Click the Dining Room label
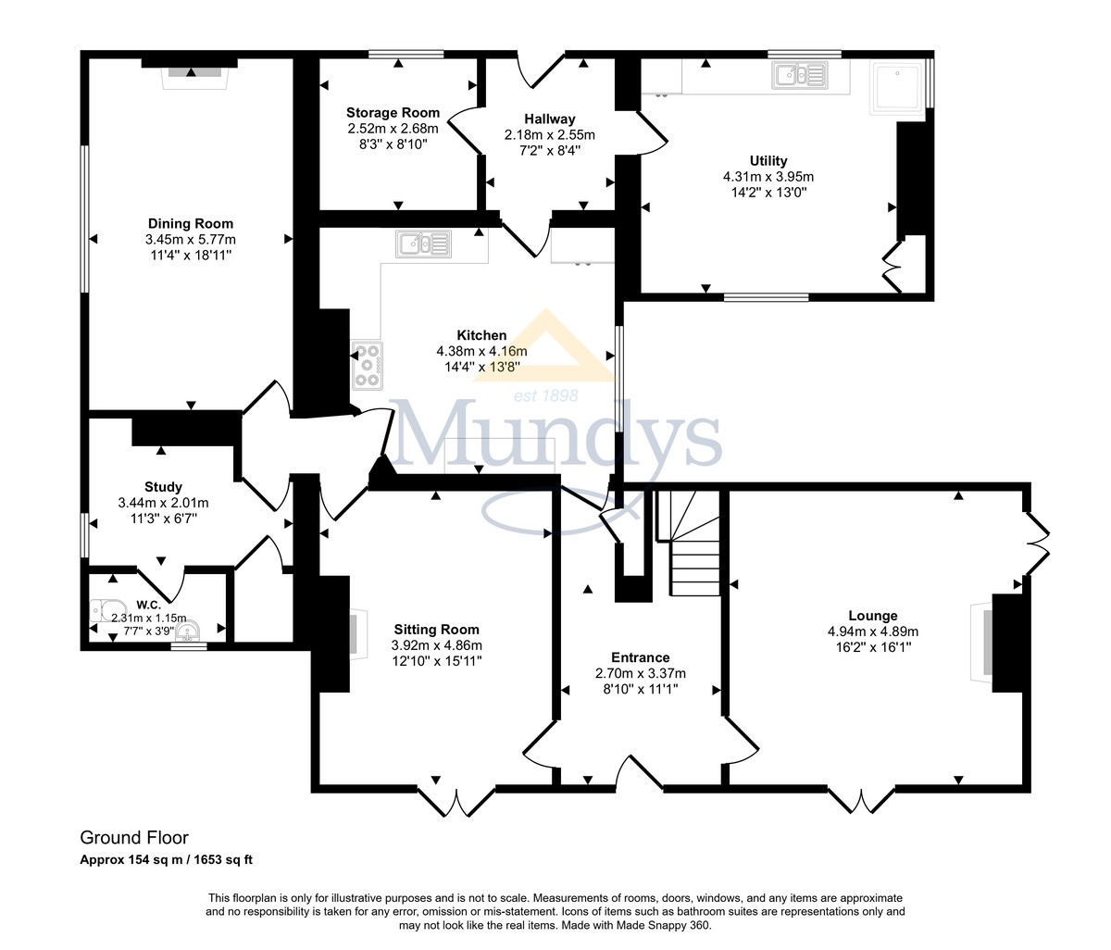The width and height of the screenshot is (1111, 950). (x=191, y=223)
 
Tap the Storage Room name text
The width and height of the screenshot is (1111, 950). (x=393, y=113)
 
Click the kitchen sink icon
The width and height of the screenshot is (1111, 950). (x=423, y=244)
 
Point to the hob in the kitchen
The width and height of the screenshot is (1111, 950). (x=368, y=365)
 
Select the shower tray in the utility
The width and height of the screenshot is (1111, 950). (x=898, y=88)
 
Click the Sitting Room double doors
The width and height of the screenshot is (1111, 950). (x=454, y=800)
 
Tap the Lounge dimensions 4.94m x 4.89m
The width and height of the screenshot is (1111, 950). (x=872, y=631)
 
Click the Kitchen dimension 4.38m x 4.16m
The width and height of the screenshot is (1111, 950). (x=481, y=351)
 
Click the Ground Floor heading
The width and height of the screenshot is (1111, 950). (x=133, y=838)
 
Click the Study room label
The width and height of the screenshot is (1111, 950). (x=163, y=487)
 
